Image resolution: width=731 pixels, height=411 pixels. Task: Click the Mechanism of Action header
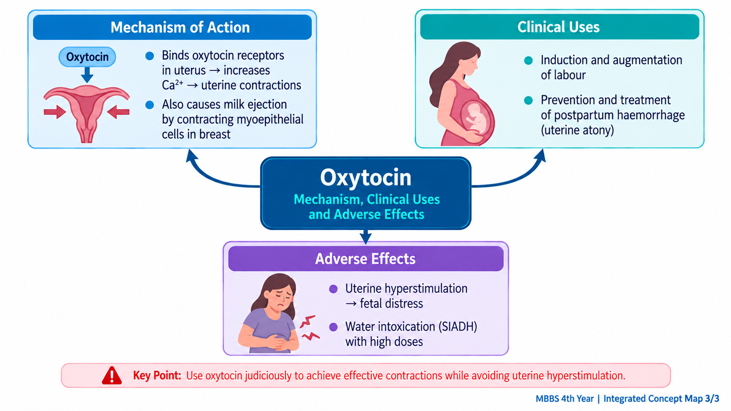click(180, 27)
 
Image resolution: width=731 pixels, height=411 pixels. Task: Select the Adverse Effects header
click(365, 258)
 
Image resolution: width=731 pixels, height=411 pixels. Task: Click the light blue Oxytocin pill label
click(87, 57)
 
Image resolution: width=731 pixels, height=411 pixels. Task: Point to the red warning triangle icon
click(111, 375)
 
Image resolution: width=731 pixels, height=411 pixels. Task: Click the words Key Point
click(157, 375)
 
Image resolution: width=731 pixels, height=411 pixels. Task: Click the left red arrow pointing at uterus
click(55, 112)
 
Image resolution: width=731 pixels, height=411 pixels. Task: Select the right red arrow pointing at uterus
click(118, 112)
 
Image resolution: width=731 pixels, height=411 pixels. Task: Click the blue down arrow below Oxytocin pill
click(87, 75)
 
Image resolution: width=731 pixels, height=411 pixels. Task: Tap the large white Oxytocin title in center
click(365, 178)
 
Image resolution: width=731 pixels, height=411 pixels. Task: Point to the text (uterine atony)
click(577, 130)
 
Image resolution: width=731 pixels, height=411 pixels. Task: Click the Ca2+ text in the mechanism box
click(173, 85)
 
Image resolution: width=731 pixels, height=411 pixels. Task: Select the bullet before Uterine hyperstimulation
click(333, 289)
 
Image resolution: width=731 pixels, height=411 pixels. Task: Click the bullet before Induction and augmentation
click(528, 60)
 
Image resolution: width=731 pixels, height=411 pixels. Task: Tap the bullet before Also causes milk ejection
click(149, 105)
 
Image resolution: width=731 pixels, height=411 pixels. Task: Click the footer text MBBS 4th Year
click(565, 399)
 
